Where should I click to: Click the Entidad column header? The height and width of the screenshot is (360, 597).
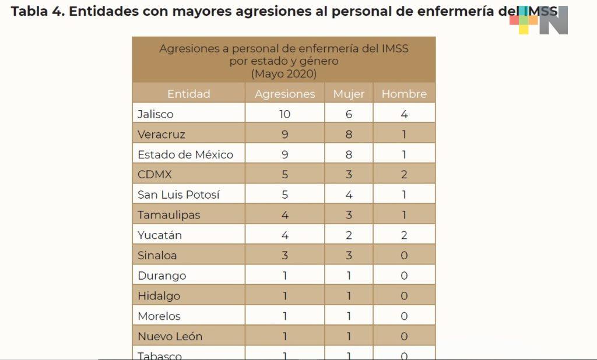[188, 94]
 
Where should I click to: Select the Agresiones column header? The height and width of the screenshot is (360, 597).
[285, 94]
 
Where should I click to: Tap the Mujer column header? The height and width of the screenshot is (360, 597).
[349, 94]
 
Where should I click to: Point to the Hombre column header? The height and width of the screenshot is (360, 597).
[404, 94]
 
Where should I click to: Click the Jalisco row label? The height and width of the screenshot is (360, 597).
[156, 114]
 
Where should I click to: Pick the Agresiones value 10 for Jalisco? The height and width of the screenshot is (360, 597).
[285, 114]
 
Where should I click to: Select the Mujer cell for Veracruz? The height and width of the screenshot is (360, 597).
[349, 135]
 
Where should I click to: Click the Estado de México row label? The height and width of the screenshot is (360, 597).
[185, 155]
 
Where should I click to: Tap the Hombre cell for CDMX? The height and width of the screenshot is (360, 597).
[404, 175]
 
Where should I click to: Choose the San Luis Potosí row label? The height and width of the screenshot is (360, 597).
[178, 195]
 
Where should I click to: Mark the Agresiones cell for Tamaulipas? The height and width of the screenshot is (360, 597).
[285, 215]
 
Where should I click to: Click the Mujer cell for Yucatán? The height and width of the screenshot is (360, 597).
[349, 235]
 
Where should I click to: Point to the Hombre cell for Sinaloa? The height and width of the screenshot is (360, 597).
[404, 255]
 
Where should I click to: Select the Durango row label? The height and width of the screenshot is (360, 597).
[162, 276]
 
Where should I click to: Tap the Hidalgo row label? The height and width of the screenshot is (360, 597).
[159, 296]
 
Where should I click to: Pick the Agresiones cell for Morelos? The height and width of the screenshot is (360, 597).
[285, 316]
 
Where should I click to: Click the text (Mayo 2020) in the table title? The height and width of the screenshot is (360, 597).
[284, 74]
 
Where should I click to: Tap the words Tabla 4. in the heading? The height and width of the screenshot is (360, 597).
[37, 12]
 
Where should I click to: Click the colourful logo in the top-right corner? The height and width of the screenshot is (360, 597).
[538, 20]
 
